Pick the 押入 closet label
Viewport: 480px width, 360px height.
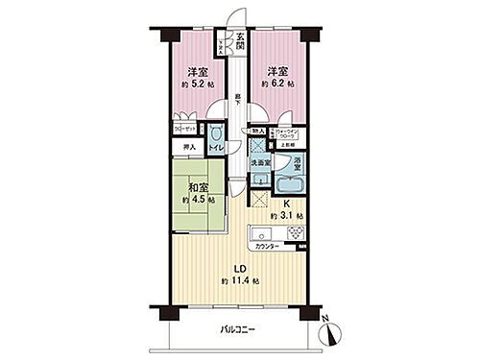(189, 147)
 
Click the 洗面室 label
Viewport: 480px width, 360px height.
(259, 163)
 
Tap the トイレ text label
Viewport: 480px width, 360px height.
(217, 149)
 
